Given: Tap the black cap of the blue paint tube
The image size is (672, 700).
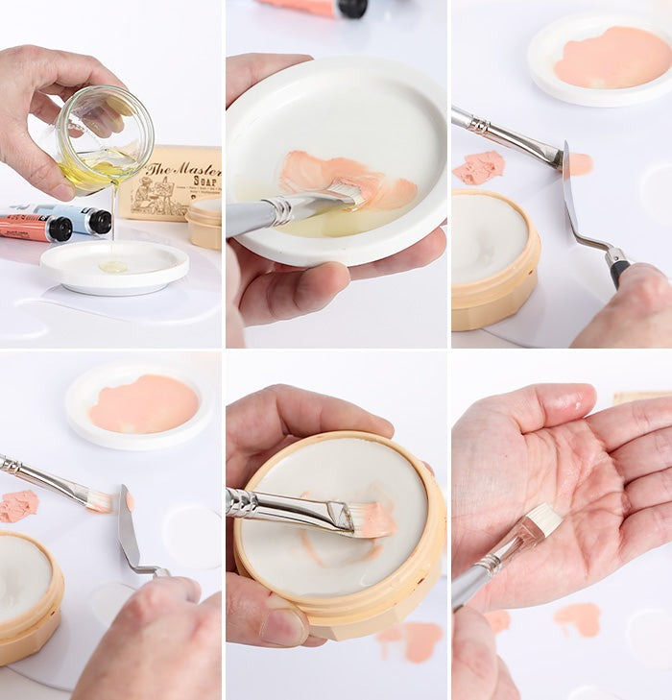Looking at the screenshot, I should coord(98,223).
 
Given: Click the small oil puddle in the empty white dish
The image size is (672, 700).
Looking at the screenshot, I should coord(113,266).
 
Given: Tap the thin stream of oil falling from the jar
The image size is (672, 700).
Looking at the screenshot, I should coord(114,216).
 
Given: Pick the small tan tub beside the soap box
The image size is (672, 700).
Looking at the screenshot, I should coord(204,225).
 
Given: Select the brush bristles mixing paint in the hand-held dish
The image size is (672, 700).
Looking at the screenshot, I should coord(348,195).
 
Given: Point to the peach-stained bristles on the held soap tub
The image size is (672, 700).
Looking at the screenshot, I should coord(372,519).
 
